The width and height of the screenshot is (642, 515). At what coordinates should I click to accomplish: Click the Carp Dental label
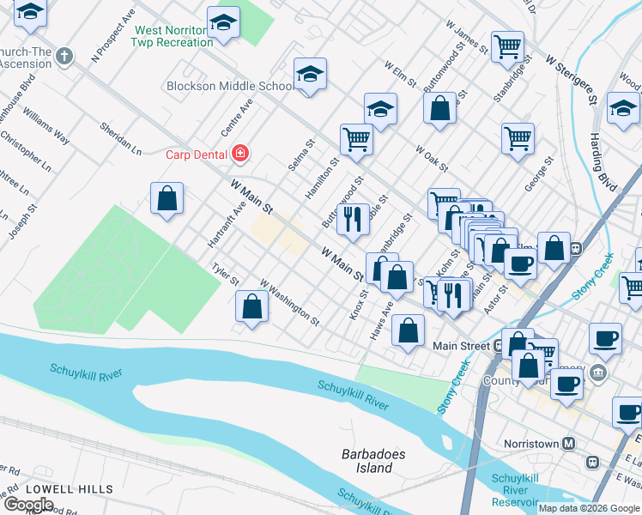tap(197, 154)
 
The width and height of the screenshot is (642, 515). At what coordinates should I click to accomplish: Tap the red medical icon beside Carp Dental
tap(241, 154)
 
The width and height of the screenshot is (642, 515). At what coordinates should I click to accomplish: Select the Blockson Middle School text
tap(229, 86)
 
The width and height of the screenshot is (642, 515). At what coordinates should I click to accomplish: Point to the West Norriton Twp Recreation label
tap(173, 36)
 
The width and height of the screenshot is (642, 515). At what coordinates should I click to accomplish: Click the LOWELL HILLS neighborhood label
tap(69, 489)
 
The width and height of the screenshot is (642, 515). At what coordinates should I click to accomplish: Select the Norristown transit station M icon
tap(568, 444)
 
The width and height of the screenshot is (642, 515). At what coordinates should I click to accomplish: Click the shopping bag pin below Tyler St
tap(251, 306)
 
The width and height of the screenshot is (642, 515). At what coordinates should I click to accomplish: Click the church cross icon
tap(64, 58)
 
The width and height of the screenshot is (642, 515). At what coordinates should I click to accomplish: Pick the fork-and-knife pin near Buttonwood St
tap(352, 220)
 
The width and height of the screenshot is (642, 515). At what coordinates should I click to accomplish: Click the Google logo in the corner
tap(29, 505)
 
